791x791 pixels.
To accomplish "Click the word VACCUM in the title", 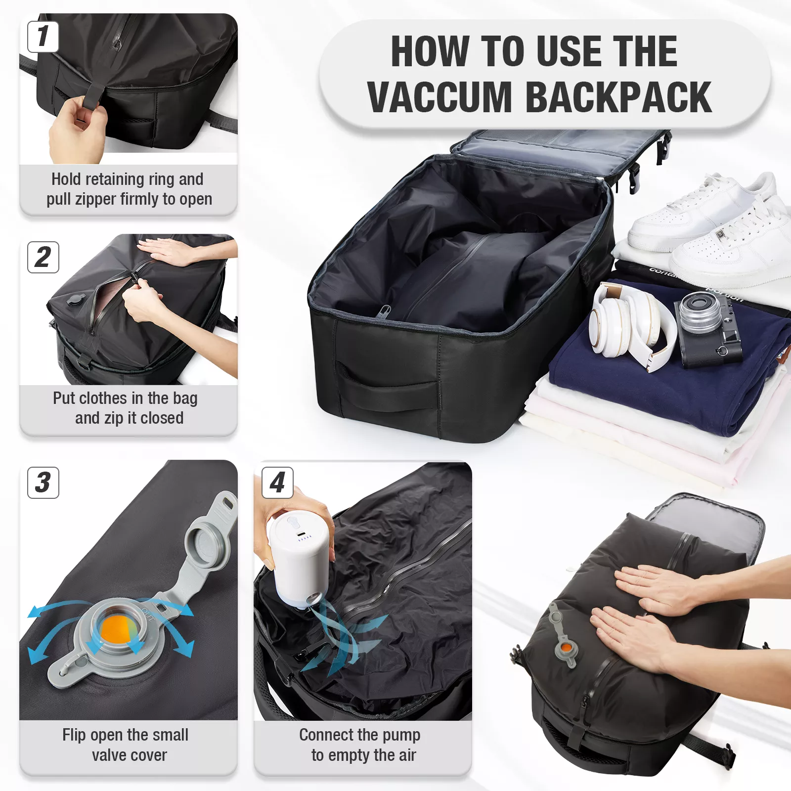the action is tap(439, 97).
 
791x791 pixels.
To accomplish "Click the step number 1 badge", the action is tap(43, 37).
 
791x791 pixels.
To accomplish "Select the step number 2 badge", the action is tap(43, 257).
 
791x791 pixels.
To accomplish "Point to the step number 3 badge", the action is tap(43, 483).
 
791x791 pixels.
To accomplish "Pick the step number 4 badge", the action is tap(277, 483).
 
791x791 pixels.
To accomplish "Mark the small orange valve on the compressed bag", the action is tap(566, 647).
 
